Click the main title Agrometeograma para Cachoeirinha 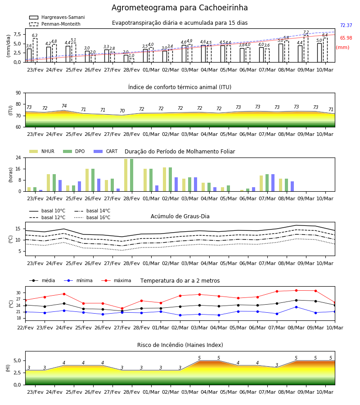tap(180, 8)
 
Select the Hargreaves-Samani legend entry tap(57, 17)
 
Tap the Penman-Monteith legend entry tap(55, 24)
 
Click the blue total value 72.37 tap(346, 25)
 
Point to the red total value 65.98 tap(346, 38)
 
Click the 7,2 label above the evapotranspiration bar tap(306, 32)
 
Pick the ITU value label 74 tap(64, 106)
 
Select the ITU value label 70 tap(122, 111)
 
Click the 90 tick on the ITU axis tap(18, 93)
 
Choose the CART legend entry tap(105, 151)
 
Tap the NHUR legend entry tap(42, 151)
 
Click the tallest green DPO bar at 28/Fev tap(132, 175)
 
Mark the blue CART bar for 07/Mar tap(273, 183)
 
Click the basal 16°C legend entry tap(92, 217)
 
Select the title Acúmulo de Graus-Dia tap(180, 216)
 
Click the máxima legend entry tap(116, 280)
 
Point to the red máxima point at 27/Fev tap(122, 308)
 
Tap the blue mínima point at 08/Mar tap(296, 307)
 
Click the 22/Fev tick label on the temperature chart tap(25, 328)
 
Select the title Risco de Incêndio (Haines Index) tap(180, 345)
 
